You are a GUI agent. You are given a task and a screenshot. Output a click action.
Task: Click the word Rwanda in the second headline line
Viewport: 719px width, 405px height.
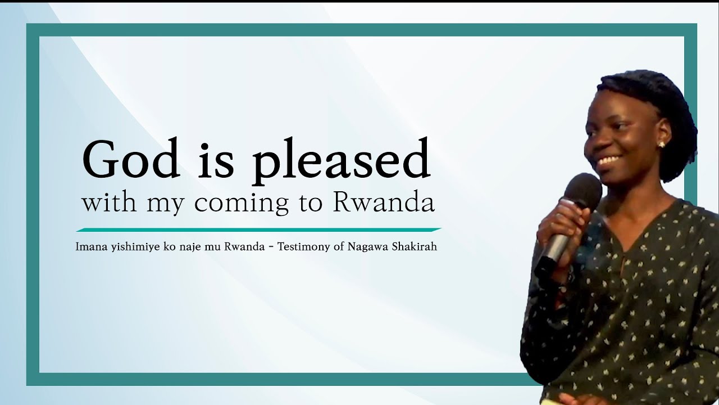(x=384, y=202)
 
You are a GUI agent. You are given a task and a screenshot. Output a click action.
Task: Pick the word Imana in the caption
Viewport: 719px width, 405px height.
(x=89, y=246)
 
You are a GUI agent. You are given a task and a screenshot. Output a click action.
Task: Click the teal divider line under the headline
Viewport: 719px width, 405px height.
(x=258, y=229)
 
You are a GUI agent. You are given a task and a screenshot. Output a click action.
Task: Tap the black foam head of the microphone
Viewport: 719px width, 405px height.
(x=583, y=192)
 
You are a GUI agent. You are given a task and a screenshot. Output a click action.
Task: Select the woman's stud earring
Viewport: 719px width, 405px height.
(x=661, y=145)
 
